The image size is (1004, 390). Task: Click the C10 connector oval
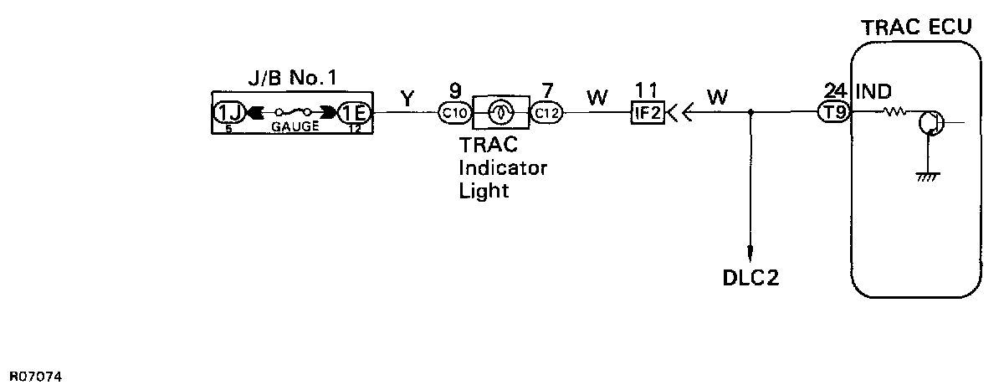click(455, 113)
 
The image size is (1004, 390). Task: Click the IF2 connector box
click(647, 113)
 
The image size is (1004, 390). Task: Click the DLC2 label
click(750, 277)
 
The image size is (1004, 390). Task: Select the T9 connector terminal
click(833, 113)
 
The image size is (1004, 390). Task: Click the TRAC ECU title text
click(916, 27)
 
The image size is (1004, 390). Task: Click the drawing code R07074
click(35, 377)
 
